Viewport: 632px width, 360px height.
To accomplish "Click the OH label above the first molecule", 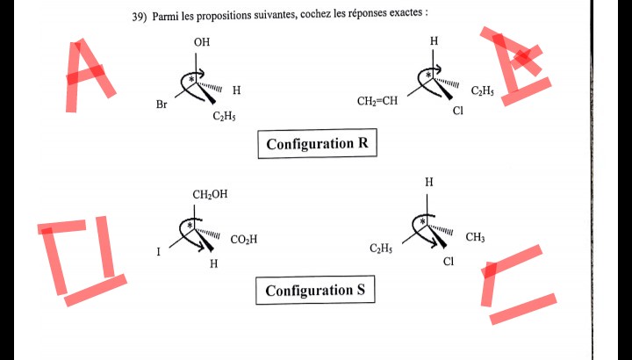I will pyautogui.click(x=202, y=42).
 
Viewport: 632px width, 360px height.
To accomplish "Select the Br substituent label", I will pyautogui.click(x=162, y=105).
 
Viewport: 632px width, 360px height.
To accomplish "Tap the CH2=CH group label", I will pyautogui.click(x=377, y=101).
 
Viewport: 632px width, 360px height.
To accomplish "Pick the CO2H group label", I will pyautogui.click(x=244, y=239).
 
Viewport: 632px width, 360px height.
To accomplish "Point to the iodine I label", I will pyautogui.click(x=159, y=252).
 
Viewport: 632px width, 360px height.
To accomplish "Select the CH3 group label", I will pyautogui.click(x=475, y=237).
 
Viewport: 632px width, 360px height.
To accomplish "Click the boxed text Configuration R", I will pyautogui.click(x=317, y=144).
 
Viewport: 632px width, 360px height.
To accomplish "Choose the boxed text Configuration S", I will pyautogui.click(x=315, y=291).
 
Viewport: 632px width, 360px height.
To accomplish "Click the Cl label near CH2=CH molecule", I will pyautogui.click(x=457, y=112).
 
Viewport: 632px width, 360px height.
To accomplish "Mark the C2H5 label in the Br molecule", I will pyautogui.click(x=224, y=117).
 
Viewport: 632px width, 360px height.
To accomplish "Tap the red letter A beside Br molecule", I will pyautogui.click(x=87, y=75).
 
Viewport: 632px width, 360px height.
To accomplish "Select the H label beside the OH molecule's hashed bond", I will pyautogui.click(x=237, y=90).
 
